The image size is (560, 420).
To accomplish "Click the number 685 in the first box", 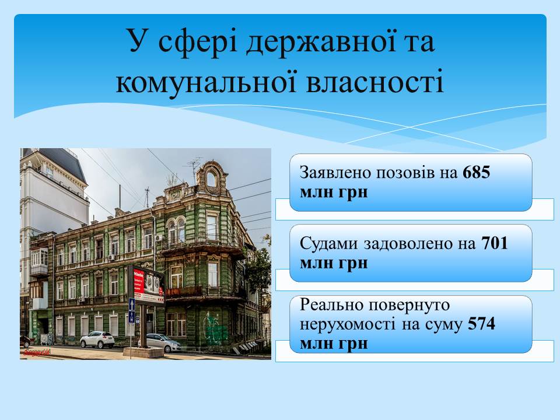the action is (477, 172).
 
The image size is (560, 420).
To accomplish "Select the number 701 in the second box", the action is (495, 243).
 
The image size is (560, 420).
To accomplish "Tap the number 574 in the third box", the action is (481, 324).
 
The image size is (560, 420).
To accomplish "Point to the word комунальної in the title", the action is (206, 82).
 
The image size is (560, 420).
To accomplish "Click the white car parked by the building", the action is (97, 339).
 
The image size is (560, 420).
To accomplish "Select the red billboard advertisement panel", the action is (139, 282).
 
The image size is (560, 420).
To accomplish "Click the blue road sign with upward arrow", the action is (132, 304).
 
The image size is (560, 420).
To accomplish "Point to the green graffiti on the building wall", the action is (214, 328).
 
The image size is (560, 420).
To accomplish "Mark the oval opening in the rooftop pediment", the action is (211, 179).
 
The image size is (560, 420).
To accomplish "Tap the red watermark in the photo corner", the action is (37, 352).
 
